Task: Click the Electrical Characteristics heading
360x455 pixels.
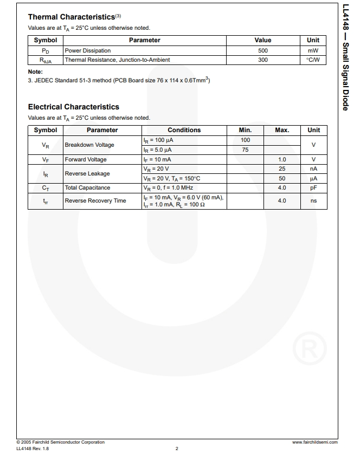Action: pos(73,107)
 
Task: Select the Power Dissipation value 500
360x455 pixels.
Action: pos(263,50)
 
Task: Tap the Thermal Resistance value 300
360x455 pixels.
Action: pos(263,60)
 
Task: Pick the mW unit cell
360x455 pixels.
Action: pos(313,50)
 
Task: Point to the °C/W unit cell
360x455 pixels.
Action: pos(313,60)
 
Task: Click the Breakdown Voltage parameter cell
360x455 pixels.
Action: pos(89,145)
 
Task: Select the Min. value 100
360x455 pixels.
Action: pos(245,140)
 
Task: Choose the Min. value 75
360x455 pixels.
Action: pos(245,150)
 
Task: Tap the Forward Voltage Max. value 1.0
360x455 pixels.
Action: pos(282,160)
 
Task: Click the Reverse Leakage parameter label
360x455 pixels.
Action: pos(87,174)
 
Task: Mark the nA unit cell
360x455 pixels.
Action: pos(313,169)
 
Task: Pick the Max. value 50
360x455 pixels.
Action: pos(282,178)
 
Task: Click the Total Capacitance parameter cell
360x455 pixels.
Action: pos(87,188)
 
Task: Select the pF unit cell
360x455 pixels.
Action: pos(313,188)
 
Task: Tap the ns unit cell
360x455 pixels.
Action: pos(313,201)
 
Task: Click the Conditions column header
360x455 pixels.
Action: pos(184,130)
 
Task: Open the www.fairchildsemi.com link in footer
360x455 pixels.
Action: pos(314,443)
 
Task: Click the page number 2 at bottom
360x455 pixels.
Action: pos(177,448)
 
